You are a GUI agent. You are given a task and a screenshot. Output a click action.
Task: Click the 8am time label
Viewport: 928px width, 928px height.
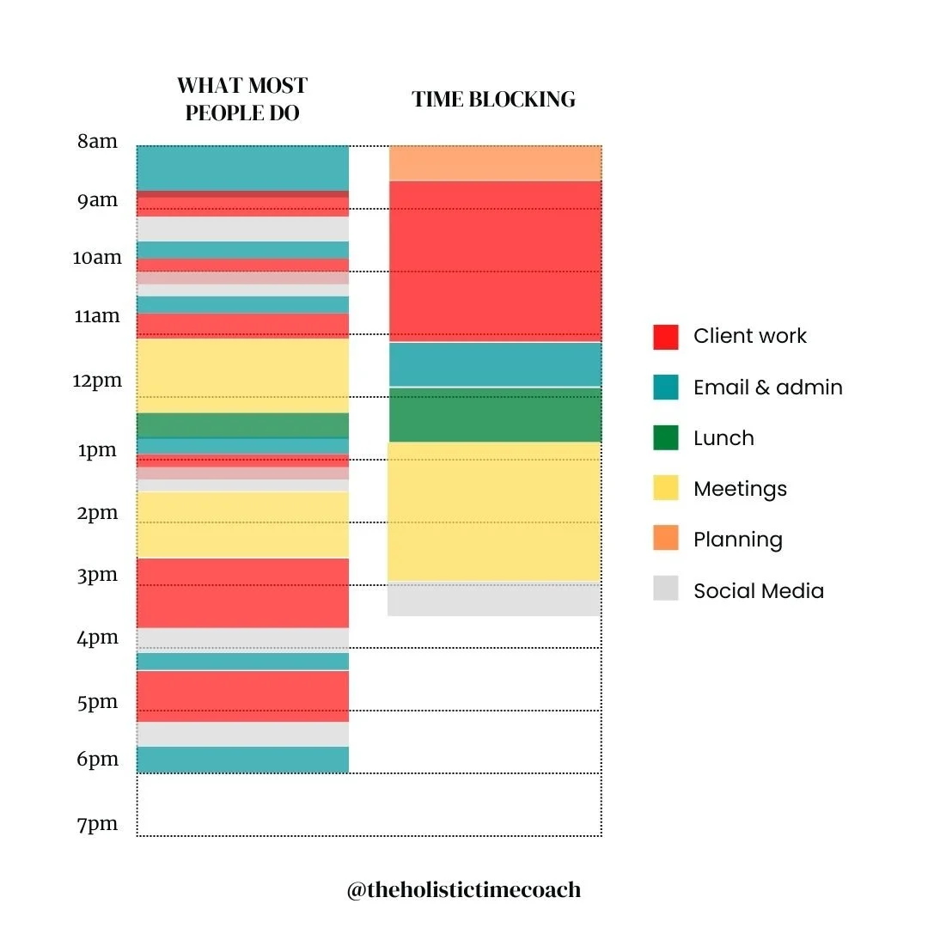97,142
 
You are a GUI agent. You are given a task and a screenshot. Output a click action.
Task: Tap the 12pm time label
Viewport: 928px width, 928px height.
97,380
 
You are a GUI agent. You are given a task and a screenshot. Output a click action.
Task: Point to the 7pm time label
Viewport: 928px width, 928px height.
97,825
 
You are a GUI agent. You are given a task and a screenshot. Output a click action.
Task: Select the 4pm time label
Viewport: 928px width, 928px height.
97,638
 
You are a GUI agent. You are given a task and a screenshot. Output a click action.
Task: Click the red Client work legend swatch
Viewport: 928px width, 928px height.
666,337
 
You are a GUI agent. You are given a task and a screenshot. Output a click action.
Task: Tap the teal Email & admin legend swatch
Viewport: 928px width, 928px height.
666,388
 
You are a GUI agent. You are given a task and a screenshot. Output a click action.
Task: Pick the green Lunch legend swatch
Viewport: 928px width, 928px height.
666,438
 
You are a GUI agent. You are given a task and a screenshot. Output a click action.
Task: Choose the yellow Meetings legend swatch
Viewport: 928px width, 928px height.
666,489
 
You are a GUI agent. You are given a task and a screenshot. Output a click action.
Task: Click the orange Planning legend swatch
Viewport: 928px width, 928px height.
666,539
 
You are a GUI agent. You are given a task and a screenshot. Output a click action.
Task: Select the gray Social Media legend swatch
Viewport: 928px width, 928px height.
666,589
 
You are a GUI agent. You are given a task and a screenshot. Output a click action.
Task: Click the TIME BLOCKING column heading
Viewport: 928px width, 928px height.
494,100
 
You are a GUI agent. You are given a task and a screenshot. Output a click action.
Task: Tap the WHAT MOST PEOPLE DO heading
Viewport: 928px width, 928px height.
242,99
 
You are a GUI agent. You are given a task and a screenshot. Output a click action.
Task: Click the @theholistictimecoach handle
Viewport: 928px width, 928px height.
464,890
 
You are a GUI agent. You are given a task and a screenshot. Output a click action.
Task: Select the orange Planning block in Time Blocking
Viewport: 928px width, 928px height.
495,163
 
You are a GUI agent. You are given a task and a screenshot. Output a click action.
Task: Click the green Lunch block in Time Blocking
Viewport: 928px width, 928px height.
495,415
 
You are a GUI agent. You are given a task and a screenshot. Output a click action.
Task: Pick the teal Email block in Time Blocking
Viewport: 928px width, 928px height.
495,364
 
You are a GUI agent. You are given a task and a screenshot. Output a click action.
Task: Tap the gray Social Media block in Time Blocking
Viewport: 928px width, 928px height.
495,600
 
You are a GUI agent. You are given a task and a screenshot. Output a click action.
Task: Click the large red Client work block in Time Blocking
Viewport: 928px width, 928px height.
495,261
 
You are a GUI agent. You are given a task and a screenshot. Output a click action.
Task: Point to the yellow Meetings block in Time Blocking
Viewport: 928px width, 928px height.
495,512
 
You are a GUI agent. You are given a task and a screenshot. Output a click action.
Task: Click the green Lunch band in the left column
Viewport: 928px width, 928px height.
242,425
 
